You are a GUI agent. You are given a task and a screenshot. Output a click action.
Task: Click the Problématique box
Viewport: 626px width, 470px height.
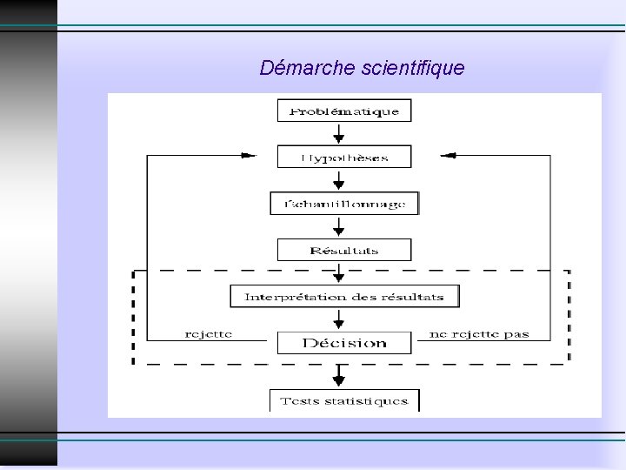click(344, 111)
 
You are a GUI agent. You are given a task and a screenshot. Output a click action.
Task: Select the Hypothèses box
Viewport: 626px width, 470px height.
click(344, 157)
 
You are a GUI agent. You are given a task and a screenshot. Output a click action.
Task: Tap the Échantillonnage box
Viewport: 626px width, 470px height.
click(344, 203)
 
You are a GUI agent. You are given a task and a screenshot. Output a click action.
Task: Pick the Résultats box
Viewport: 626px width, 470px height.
click(344, 250)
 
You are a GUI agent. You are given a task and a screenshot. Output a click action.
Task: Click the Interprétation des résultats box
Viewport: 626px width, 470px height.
click(344, 296)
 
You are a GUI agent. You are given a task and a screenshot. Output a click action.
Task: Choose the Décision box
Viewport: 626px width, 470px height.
click(344, 342)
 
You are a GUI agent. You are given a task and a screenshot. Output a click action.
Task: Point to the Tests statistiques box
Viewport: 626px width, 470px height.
click(344, 401)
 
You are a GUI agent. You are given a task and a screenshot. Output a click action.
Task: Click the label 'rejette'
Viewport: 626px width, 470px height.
click(209, 334)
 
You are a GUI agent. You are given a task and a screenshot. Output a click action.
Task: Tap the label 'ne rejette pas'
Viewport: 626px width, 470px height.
click(479, 334)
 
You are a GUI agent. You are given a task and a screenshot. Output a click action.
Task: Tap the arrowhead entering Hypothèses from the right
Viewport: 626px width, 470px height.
click(449, 156)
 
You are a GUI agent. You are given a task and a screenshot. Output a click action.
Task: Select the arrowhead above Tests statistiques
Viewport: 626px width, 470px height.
click(340, 379)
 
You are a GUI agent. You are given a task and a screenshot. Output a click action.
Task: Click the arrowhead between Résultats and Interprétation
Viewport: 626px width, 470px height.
click(340, 276)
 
